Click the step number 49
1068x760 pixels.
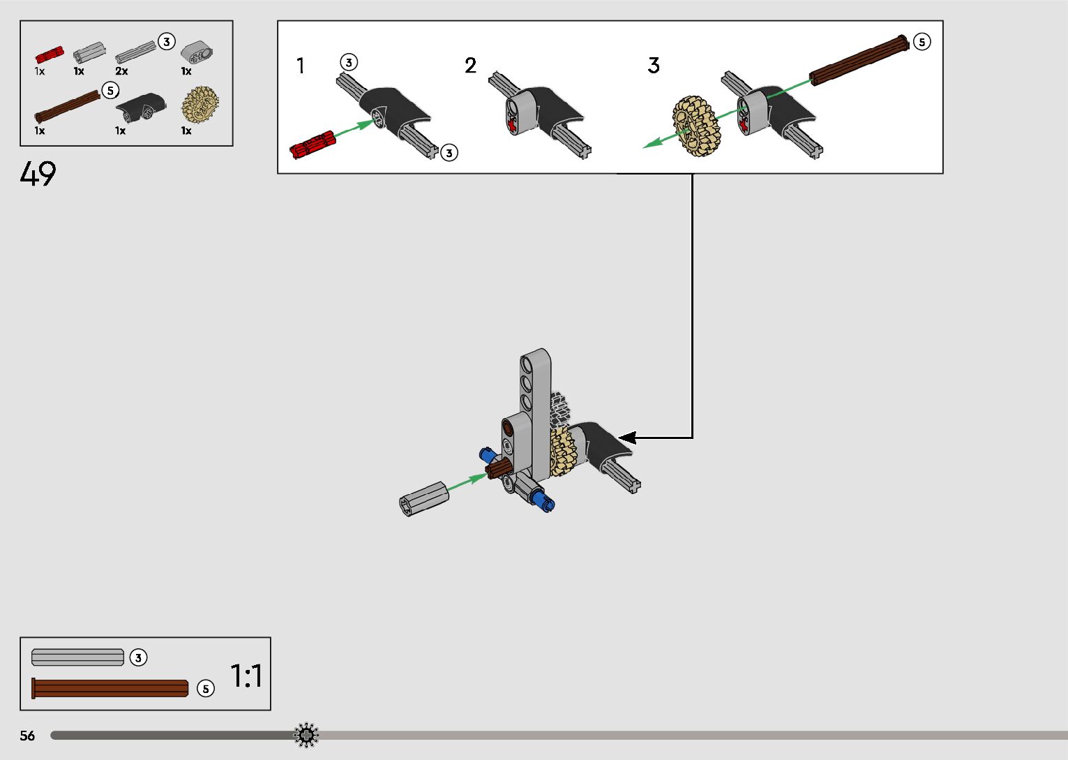[38, 174]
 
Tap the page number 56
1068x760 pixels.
[27, 736]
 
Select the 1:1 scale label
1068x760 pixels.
[246, 676]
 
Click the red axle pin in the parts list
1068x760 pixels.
[49, 54]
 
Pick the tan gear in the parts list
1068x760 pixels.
[200, 106]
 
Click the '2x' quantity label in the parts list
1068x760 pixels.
[121, 71]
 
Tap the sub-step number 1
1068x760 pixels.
[300, 66]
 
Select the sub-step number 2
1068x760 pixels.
[470, 66]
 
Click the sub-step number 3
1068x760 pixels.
[653, 66]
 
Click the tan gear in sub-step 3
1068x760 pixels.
[695, 126]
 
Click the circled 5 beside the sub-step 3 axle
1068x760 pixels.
[922, 42]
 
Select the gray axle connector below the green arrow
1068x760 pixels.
[423, 498]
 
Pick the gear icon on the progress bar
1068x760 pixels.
[306, 736]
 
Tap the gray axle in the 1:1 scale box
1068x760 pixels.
[77, 657]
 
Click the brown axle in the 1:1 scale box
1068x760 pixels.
[110, 688]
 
